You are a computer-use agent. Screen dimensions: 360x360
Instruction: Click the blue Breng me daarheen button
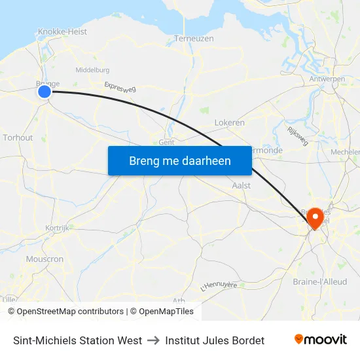tap(180, 160)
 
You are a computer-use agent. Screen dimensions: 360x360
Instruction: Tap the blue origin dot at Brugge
tap(45, 92)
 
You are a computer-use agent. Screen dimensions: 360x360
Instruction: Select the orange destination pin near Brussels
tap(315, 218)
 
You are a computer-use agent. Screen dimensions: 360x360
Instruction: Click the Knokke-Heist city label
tap(62, 31)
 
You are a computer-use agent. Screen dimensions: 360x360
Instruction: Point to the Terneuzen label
tap(194, 39)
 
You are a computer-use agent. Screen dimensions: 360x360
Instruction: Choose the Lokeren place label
tap(229, 122)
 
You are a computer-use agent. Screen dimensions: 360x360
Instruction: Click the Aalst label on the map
tap(242, 185)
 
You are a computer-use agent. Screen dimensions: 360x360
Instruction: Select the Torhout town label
tap(18, 137)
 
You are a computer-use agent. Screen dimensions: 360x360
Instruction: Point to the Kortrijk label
tap(57, 228)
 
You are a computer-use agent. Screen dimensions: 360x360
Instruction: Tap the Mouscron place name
tap(45, 259)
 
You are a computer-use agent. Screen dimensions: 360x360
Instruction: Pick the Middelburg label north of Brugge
tap(92, 70)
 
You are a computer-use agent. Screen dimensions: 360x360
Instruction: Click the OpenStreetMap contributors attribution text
tap(70, 312)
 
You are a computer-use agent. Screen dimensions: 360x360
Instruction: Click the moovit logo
tap(320, 340)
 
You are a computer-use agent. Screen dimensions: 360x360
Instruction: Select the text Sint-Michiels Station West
tap(77, 340)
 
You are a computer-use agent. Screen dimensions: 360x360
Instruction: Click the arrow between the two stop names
tap(153, 340)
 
